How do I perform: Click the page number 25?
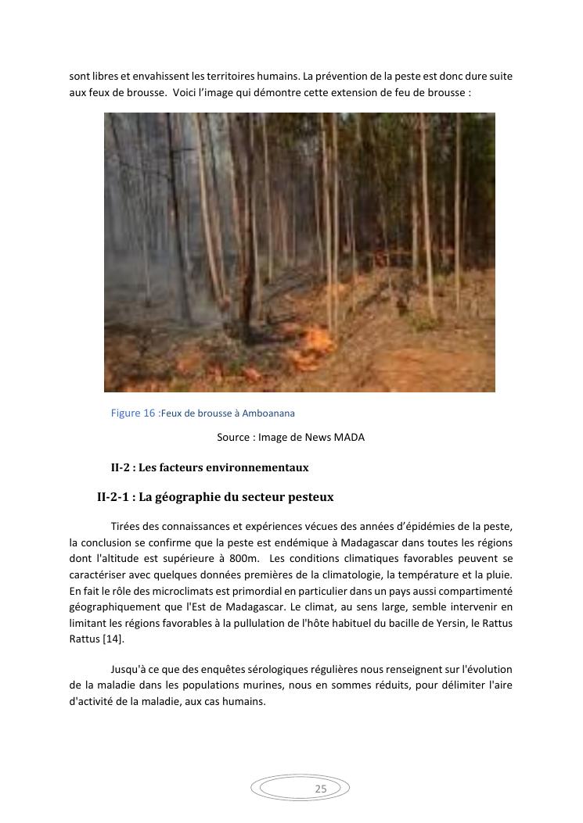(x=321, y=789)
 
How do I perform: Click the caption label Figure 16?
(x=133, y=413)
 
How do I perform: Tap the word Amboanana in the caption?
(x=268, y=413)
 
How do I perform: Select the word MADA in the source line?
(x=349, y=438)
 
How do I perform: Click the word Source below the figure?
(x=233, y=438)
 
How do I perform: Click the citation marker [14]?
(x=113, y=639)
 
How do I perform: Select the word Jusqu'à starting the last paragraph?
(x=128, y=670)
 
